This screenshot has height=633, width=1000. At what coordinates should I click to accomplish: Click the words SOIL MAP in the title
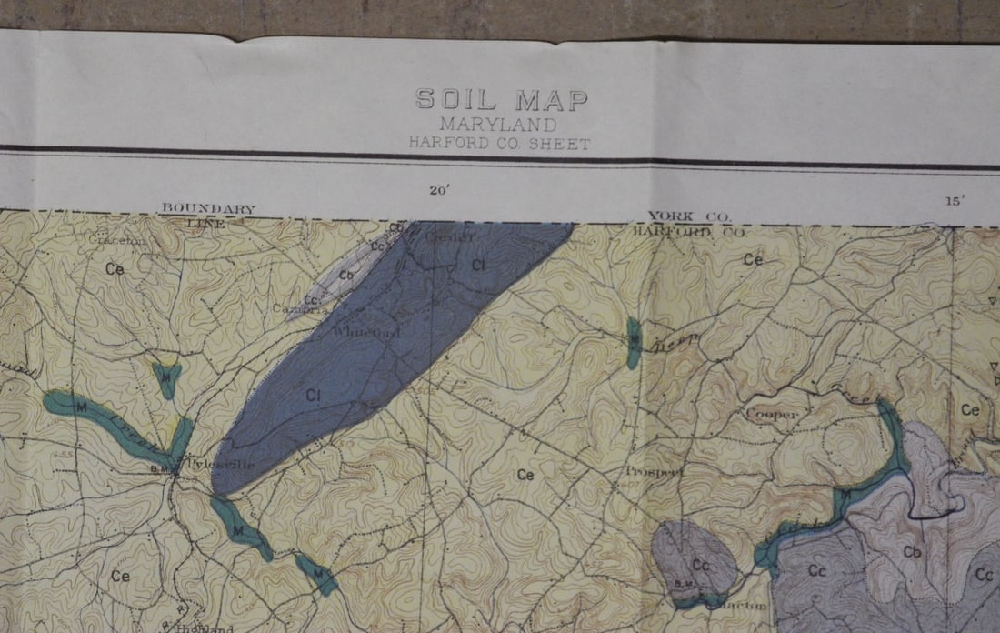pyautogui.click(x=502, y=100)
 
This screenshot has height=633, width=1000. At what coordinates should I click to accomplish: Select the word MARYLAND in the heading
pyautogui.click(x=499, y=125)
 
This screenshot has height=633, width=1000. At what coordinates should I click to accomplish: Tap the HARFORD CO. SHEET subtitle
pyautogui.click(x=499, y=143)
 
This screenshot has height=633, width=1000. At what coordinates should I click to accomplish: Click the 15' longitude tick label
pyautogui.click(x=954, y=201)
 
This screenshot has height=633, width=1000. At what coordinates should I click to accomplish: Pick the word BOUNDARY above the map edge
pyautogui.click(x=208, y=209)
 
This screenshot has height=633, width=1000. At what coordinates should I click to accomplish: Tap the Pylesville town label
pyautogui.click(x=219, y=465)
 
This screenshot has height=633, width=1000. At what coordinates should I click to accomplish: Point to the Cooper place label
pyautogui.click(x=772, y=415)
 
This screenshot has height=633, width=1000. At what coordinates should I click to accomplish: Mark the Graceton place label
pyautogui.click(x=117, y=242)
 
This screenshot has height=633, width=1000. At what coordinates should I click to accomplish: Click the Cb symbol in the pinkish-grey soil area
pyautogui.click(x=913, y=552)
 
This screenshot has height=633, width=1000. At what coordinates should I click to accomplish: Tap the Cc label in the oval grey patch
pyautogui.click(x=700, y=566)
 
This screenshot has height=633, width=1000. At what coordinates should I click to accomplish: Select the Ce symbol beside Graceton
pyautogui.click(x=115, y=269)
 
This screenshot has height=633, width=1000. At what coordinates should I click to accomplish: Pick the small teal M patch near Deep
pyautogui.click(x=634, y=343)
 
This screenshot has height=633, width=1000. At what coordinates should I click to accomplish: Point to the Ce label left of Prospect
pyautogui.click(x=525, y=474)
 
